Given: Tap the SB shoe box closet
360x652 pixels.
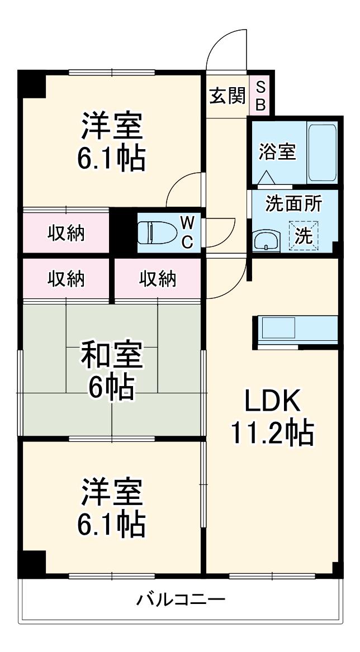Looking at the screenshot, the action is (260, 95).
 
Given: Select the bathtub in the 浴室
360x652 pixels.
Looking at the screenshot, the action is (322, 152).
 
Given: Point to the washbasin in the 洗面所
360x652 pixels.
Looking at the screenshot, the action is (264, 241).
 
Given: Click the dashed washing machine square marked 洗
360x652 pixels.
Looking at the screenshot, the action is (304, 236).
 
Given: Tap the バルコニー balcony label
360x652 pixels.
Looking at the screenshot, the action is (181, 599).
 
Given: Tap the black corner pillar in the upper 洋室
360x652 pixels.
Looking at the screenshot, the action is (32, 84).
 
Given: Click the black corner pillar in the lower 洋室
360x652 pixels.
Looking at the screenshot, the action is (32, 564).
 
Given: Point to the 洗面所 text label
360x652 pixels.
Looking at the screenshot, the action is (293, 204).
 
